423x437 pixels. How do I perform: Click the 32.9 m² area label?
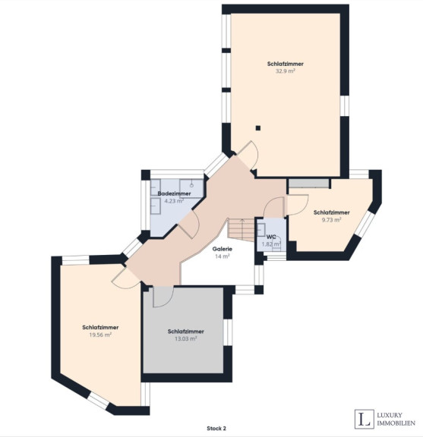[x=285, y=71]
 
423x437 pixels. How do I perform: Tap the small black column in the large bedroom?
[x=258, y=128]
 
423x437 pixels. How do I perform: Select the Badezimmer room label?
[x=174, y=193]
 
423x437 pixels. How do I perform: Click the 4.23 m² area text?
[x=174, y=200]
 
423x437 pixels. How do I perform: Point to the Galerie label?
[x=222, y=249]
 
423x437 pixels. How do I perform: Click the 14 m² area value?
[x=222, y=256]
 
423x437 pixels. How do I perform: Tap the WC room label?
[x=271, y=237]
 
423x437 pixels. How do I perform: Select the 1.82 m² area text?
[x=271, y=244]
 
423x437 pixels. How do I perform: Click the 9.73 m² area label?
[x=331, y=219]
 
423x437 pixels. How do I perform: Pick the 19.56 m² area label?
[x=100, y=335]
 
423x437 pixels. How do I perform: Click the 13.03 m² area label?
[x=186, y=338]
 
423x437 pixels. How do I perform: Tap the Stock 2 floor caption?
[x=216, y=429]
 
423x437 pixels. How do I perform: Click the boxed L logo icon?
[x=365, y=419]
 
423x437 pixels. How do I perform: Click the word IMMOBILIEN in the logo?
[x=396, y=423]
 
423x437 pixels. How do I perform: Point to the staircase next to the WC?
[x=241, y=230]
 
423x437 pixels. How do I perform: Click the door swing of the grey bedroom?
[x=163, y=297]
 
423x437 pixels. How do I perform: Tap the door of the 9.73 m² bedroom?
[x=298, y=205]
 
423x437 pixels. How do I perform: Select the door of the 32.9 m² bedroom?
[x=248, y=156]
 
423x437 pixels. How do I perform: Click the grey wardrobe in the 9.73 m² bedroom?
[x=308, y=184]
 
